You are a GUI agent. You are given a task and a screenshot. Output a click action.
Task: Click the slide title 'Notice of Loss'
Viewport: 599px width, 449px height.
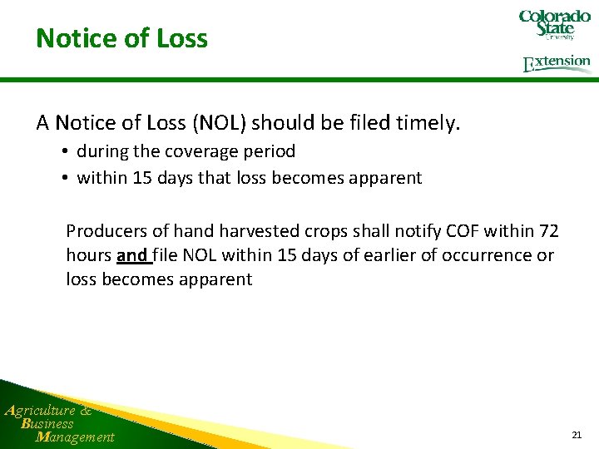click(x=121, y=38)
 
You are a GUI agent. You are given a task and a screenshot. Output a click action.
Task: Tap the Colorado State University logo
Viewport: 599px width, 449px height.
click(x=554, y=25)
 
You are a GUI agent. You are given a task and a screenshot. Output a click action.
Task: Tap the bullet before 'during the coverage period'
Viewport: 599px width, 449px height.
click(x=64, y=152)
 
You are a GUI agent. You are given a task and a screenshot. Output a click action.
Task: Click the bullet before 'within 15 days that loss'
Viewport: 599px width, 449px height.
click(x=64, y=178)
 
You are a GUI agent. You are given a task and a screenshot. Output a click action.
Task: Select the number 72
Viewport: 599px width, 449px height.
click(x=548, y=230)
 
